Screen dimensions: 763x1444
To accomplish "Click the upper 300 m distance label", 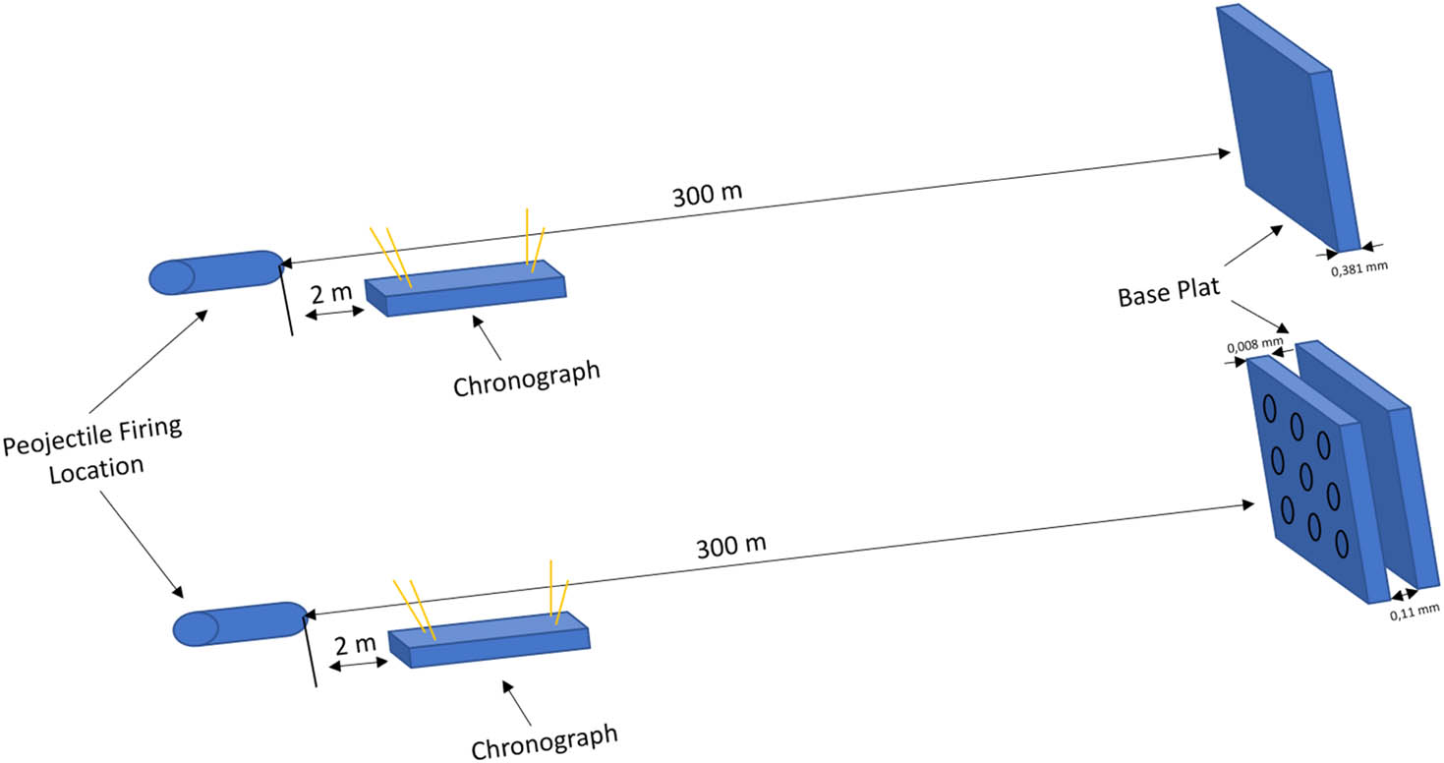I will pos(707,195).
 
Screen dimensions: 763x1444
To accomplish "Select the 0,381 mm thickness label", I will pos(1358,266).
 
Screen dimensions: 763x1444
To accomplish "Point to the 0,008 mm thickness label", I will pos(1254,346).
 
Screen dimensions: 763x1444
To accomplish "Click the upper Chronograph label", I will pos(527,379).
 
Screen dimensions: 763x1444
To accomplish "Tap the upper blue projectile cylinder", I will pos(214,272).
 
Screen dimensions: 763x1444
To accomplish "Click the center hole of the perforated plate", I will pos(1305,477).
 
